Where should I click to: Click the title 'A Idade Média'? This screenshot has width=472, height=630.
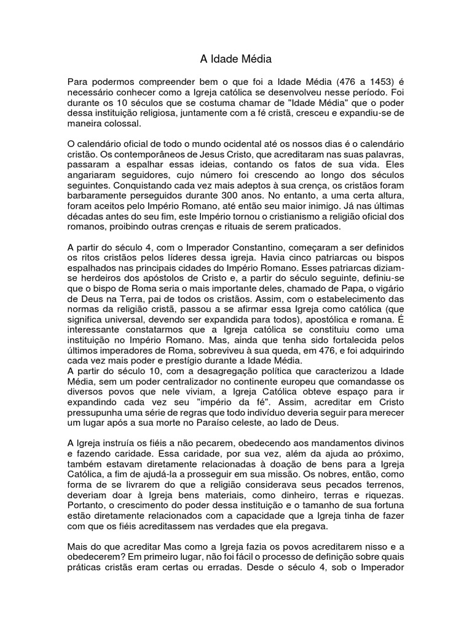[x=235, y=59]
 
